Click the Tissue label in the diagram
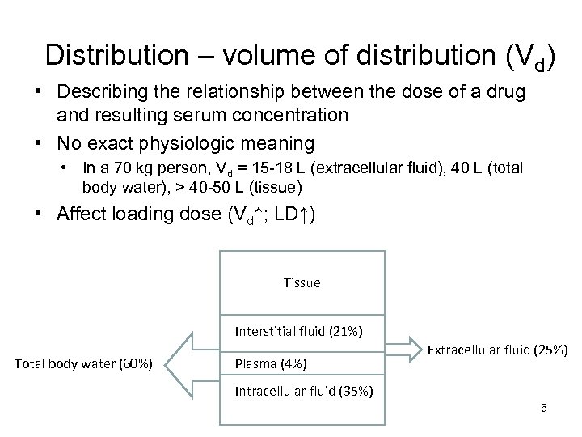click(302, 282)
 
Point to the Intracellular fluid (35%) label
click(303, 391)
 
